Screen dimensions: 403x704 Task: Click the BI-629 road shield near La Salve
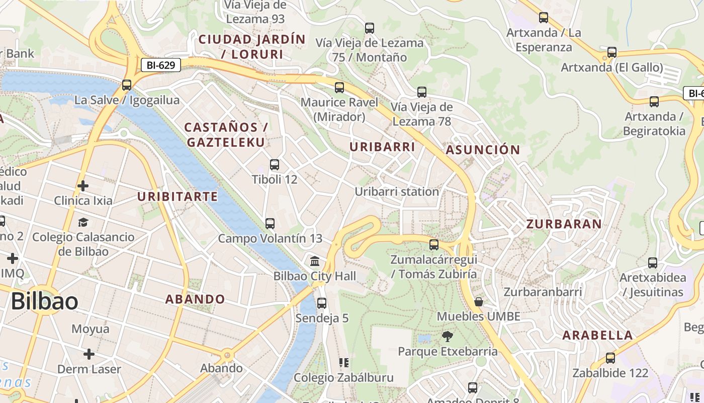[x=160, y=65]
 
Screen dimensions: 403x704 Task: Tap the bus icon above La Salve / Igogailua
[x=127, y=85]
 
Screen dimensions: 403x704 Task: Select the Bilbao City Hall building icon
[x=315, y=261]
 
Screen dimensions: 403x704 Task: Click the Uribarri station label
[x=397, y=192]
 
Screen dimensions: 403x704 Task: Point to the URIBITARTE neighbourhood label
[x=178, y=196]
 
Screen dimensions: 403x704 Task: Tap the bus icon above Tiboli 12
[x=275, y=165]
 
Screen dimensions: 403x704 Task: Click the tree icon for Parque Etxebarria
[x=447, y=336]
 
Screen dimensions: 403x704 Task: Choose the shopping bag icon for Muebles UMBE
[x=479, y=302]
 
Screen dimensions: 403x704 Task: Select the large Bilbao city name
[x=44, y=301]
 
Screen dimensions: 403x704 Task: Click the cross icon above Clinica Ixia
[x=83, y=186]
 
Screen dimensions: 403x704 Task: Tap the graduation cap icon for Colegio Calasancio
[x=83, y=222]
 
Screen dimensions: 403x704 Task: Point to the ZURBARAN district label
[x=564, y=224]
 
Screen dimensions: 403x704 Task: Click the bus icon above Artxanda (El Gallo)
[x=612, y=52]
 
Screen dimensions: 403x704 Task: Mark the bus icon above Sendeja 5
[x=322, y=303]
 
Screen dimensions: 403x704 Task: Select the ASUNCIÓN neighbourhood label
[x=482, y=150]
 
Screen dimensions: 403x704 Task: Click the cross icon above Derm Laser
[x=89, y=354]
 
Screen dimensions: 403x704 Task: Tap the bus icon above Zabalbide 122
[x=610, y=358]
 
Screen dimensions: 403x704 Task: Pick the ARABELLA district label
[x=597, y=335]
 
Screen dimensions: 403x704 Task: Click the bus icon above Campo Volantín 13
[x=270, y=224]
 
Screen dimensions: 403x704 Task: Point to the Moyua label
[x=90, y=329]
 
